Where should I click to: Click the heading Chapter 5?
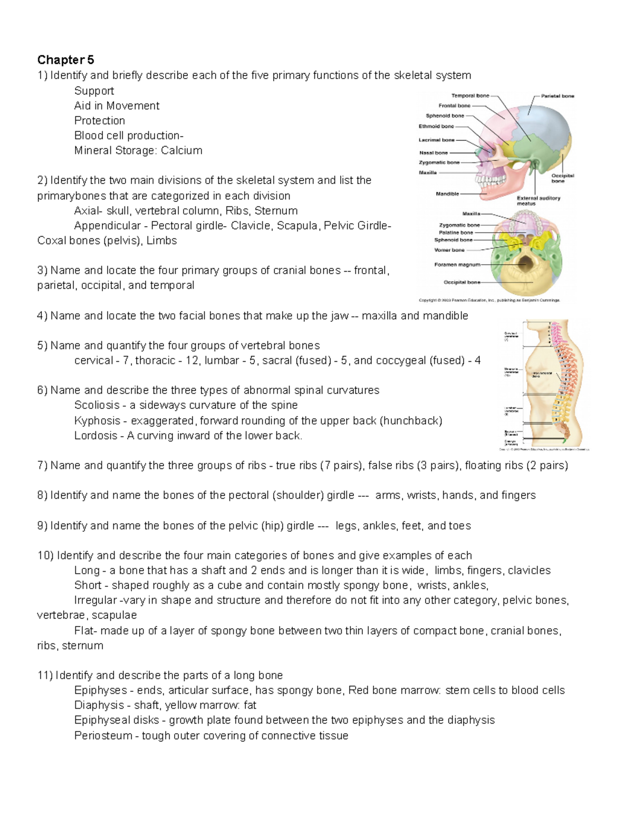click(65, 60)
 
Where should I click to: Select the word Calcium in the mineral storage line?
click(181, 150)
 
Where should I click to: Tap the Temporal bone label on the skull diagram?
click(470, 96)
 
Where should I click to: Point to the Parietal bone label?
click(558, 96)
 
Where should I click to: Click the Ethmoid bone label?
click(436, 127)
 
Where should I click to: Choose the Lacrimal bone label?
click(436, 140)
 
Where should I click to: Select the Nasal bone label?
click(433, 153)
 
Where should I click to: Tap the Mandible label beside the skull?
click(447, 194)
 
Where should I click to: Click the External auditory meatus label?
click(538, 200)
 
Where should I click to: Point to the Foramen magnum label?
click(457, 265)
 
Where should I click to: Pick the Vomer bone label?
click(449, 250)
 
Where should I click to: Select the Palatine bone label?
click(456, 233)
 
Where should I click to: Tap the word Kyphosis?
click(97, 420)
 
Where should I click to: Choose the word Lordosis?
click(95, 436)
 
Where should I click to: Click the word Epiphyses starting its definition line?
click(100, 690)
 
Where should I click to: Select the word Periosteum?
click(103, 736)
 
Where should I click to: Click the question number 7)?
click(42, 465)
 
